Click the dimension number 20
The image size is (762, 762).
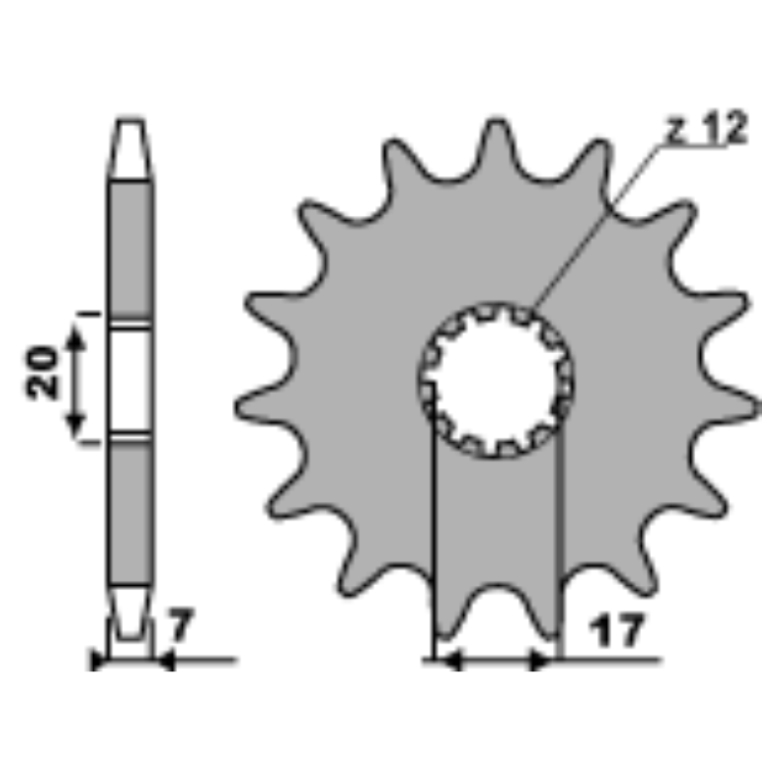click(x=41, y=373)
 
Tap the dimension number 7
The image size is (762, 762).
click(x=180, y=625)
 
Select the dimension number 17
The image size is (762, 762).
click(x=616, y=630)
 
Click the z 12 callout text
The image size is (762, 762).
click(x=707, y=127)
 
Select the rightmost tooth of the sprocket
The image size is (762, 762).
click(x=729, y=402)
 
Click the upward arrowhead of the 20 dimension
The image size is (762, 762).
click(x=75, y=338)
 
